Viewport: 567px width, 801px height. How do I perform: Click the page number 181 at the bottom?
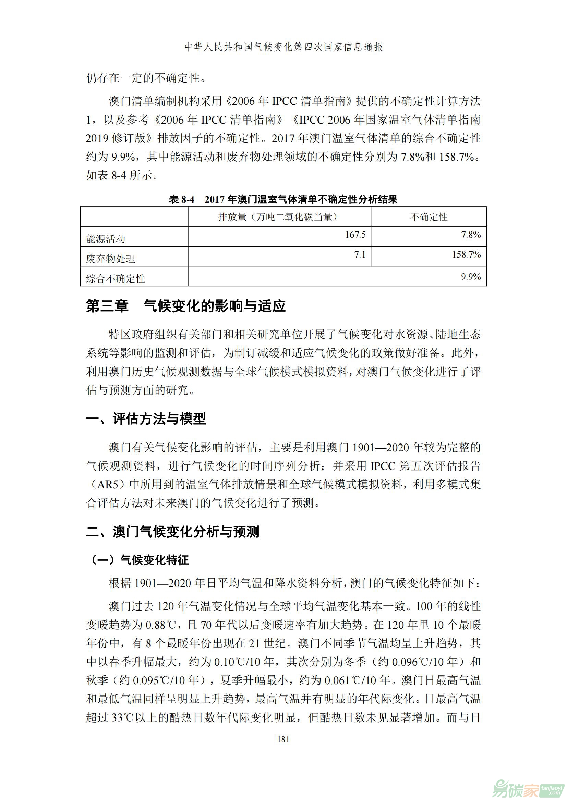[283, 739]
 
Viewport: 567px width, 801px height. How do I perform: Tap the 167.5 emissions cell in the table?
[355, 235]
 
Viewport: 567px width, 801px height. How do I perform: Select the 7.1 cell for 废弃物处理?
[360, 255]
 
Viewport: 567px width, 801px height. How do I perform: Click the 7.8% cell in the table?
[471, 235]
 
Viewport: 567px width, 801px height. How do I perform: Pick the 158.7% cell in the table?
[466, 255]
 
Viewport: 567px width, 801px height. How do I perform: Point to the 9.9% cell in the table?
[471, 277]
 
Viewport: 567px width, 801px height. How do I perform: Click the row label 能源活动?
[106, 239]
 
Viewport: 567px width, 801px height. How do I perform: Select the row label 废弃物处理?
[110, 259]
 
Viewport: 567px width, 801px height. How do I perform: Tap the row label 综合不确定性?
[115, 278]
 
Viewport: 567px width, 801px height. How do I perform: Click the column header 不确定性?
[429, 217]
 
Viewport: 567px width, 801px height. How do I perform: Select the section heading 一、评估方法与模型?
[146, 418]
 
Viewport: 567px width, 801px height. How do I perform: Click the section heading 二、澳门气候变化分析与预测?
[172, 532]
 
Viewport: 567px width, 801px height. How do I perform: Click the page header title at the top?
[283, 47]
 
